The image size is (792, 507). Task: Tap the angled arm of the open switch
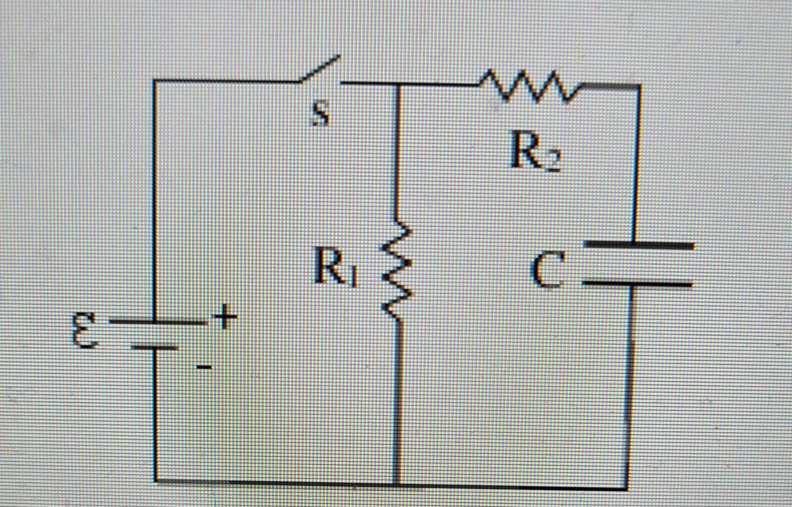tap(320, 69)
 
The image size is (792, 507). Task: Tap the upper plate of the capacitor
tap(639, 245)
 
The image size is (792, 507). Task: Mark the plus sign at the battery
tap(225, 317)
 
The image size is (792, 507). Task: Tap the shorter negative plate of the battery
tap(154, 347)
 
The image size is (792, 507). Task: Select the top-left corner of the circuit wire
tap(154, 81)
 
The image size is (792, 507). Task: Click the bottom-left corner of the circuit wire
tap(155, 480)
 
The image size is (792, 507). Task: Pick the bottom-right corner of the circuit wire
tap(628, 487)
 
